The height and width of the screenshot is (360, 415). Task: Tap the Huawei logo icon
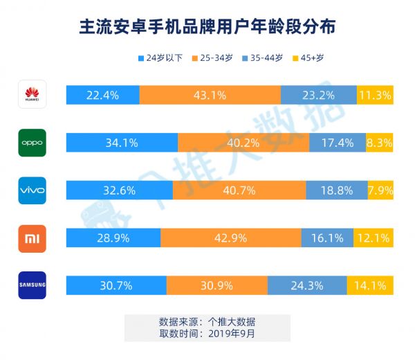[33, 95]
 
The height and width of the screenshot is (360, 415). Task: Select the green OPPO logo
[33, 143]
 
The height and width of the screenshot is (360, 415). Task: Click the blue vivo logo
[33, 190]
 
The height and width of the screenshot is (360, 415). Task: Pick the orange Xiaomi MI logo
[33, 237]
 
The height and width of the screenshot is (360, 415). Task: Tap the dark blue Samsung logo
[33, 285]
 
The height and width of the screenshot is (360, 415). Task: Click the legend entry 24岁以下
[160, 58]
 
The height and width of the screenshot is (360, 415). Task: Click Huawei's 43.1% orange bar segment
[210, 95]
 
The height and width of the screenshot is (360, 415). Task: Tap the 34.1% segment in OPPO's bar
[122, 143]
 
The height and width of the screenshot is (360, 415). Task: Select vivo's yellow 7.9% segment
[380, 190]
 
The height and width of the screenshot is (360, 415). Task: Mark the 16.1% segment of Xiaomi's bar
[327, 237]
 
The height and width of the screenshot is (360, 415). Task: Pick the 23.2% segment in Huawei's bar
[319, 95]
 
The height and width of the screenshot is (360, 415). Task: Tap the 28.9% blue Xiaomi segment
[113, 237]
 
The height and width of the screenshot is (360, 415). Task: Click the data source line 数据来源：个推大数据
[207, 322]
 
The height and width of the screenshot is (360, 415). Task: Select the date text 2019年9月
[230, 334]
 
